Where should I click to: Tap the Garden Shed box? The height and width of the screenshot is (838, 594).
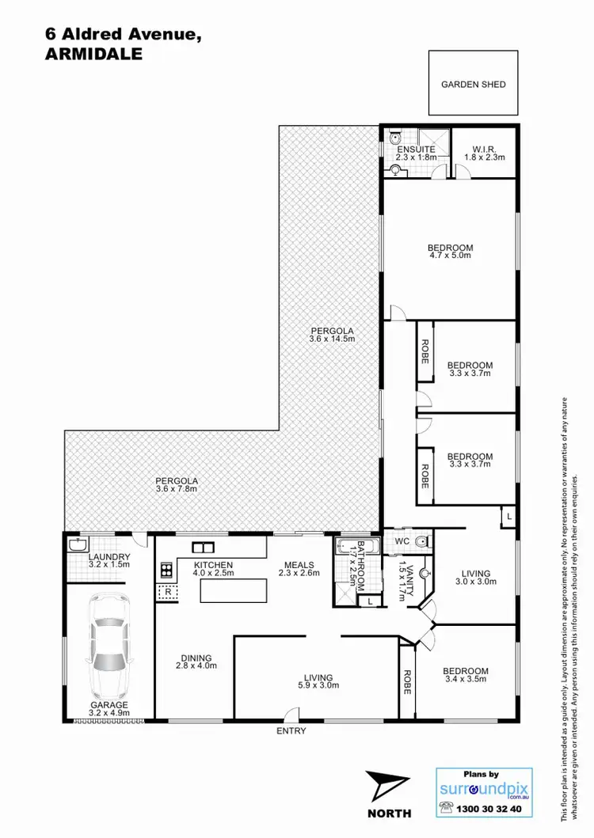(x=473, y=84)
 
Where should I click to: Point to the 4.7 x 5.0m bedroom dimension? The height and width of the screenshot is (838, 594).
(x=450, y=256)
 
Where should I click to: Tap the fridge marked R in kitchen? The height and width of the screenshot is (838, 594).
(x=167, y=590)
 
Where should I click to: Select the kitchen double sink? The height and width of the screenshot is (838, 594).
(x=201, y=547)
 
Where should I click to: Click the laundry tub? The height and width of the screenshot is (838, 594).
(x=78, y=544)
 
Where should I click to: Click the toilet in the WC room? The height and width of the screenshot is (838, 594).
(x=421, y=542)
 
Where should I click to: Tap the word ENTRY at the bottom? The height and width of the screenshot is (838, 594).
(x=291, y=731)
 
